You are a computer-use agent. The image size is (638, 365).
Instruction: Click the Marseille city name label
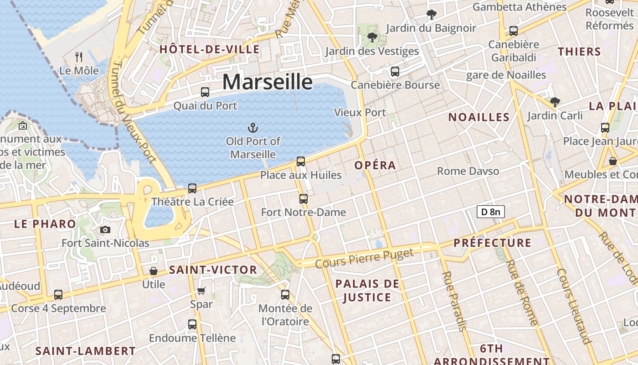pyautogui.click(x=268, y=82)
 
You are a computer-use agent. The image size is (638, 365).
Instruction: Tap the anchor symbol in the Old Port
pyautogui.click(x=252, y=128)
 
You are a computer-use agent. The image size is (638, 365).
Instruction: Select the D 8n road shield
pyautogui.click(x=490, y=212)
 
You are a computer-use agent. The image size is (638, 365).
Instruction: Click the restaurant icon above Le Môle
pyautogui.click(x=79, y=57)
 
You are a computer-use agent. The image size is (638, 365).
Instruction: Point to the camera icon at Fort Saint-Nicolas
pyautogui.click(x=105, y=229)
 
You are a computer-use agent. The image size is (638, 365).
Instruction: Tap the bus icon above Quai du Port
pyautogui.click(x=205, y=92)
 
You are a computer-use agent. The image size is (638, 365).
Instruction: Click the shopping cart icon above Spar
pyautogui.click(x=201, y=291)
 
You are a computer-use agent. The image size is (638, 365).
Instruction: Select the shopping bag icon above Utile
pyautogui.click(x=154, y=271)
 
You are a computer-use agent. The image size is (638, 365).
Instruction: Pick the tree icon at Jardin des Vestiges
pyautogui.click(x=372, y=37)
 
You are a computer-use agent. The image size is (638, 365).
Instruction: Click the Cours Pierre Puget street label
pyautogui.click(x=364, y=258)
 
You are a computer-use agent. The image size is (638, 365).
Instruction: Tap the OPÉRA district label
pyautogui.click(x=375, y=165)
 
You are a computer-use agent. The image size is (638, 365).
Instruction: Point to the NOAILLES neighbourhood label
pyautogui.click(x=478, y=117)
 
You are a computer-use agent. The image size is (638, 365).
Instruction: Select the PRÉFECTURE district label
pyautogui.click(x=493, y=243)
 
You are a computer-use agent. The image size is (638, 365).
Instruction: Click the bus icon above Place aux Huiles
pyautogui.click(x=301, y=161)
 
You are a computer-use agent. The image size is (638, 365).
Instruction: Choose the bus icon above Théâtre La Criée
pyautogui.click(x=192, y=188)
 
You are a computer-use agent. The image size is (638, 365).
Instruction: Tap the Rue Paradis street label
pyautogui.click(x=455, y=301)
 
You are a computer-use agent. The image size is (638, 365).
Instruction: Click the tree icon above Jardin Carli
pyautogui.click(x=555, y=102)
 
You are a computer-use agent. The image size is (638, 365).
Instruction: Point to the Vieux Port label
pyautogui.click(x=360, y=112)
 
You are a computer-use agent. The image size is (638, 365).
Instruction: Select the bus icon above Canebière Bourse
pyautogui.click(x=395, y=72)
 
